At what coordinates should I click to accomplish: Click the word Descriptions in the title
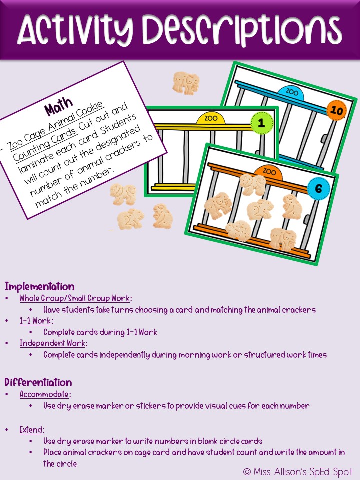[246, 30]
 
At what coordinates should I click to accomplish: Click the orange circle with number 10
[337, 111]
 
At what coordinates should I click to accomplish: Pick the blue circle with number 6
[318, 189]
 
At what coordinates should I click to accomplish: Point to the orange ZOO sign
[269, 172]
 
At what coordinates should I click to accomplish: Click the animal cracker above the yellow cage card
[186, 82]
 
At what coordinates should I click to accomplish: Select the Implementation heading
[40, 287]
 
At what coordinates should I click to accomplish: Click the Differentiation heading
[38, 383]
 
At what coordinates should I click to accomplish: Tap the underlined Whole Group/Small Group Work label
[75, 298]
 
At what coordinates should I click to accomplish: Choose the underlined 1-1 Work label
[36, 321]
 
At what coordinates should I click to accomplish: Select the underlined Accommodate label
[44, 394]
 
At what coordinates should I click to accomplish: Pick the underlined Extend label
[32, 430]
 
